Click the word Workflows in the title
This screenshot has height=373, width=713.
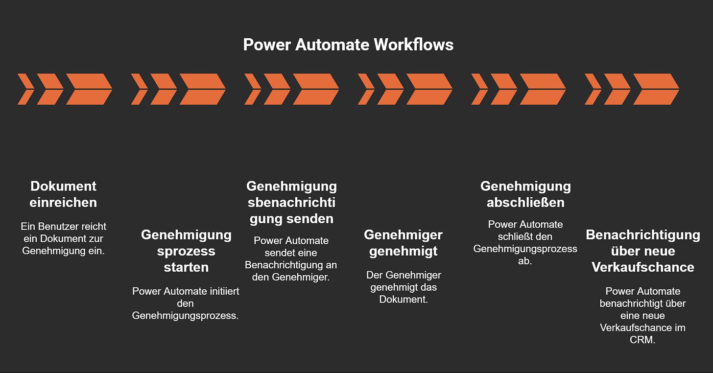click(414, 45)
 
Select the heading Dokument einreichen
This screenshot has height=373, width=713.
click(63, 194)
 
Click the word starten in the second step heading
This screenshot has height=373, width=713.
click(186, 267)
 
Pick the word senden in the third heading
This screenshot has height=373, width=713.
click(314, 218)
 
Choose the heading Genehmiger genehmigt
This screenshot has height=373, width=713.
click(403, 243)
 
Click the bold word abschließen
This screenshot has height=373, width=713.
click(525, 202)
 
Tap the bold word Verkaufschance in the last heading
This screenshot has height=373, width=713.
click(642, 267)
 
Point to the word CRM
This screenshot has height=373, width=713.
click(642, 339)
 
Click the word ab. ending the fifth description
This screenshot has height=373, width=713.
click(525, 261)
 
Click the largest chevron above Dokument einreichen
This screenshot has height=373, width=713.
click(89, 89)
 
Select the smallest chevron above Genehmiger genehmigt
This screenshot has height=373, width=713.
click(366, 89)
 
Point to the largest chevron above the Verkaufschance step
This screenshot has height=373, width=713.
click(656, 89)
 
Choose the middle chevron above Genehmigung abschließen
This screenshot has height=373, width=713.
click(504, 89)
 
